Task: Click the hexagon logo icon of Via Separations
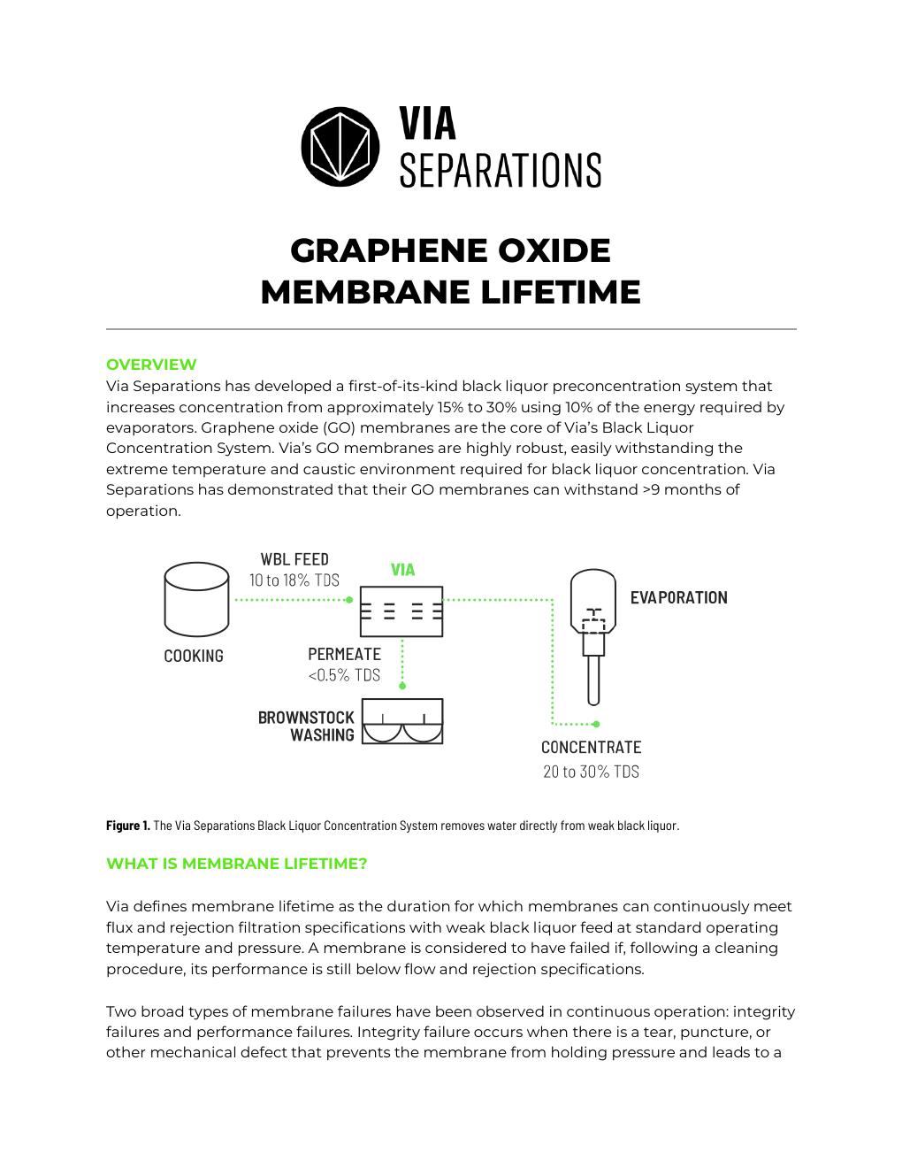(340, 146)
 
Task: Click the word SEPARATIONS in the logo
(501, 170)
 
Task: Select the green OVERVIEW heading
(151, 365)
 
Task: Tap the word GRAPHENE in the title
(386, 250)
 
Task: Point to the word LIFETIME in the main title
(560, 292)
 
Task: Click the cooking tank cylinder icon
(196, 600)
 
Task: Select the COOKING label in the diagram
(194, 656)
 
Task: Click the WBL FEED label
(294, 559)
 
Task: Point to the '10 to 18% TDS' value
(294, 580)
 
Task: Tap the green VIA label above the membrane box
(402, 570)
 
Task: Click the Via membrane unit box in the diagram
(401, 611)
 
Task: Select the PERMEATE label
(344, 655)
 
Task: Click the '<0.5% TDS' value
(344, 675)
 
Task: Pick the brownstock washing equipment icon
(402, 721)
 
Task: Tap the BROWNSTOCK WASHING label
(307, 726)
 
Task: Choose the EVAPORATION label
(678, 598)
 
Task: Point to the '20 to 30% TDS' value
(591, 772)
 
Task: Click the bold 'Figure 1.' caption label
(127, 826)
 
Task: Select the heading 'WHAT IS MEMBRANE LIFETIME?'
(236, 864)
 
